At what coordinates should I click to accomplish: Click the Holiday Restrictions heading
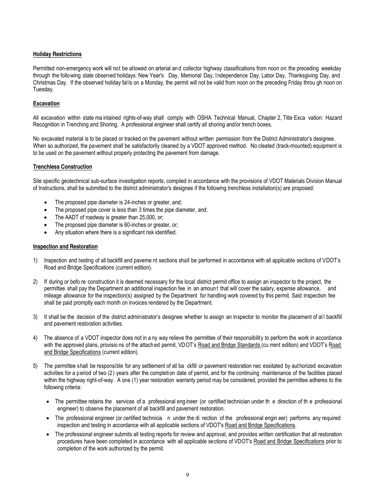click(57, 54)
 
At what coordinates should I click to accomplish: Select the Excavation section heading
click(46, 104)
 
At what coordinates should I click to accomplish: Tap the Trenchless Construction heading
click(62, 167)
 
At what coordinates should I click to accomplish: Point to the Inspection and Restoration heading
click(65, 247)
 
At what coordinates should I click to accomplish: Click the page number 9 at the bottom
click(187, 475)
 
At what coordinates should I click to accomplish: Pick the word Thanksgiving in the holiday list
click(302, 75)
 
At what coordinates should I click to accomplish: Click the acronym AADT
click(72, 217)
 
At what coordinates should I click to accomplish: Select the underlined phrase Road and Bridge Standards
click(229, 345)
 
